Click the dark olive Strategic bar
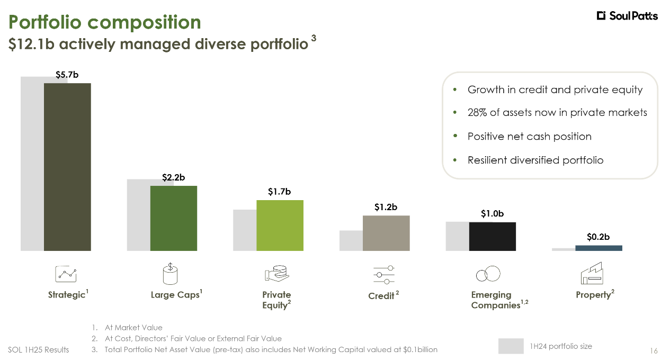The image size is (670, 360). click(67, 166)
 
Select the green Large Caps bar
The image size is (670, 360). click(173, 218)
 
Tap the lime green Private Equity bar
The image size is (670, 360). click(280, 225)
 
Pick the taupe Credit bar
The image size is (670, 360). click(386, 233)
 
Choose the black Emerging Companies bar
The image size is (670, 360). click(492, 236)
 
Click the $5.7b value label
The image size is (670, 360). click(67, 75)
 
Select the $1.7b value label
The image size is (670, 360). click(279, 192)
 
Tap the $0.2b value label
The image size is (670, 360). click(598, 237)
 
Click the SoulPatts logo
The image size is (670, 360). click(627, 16)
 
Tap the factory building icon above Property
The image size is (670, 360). click(592, 273)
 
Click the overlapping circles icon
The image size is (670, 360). click(488, 274)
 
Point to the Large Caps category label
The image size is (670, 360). click(175, 295)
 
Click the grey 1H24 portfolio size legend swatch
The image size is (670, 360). click(511, 346)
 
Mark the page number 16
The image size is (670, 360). click(653, 350)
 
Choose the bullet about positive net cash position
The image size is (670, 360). click(529, 137)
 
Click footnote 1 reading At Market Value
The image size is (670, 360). click(133, 328)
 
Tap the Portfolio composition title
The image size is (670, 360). click(105, 22)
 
